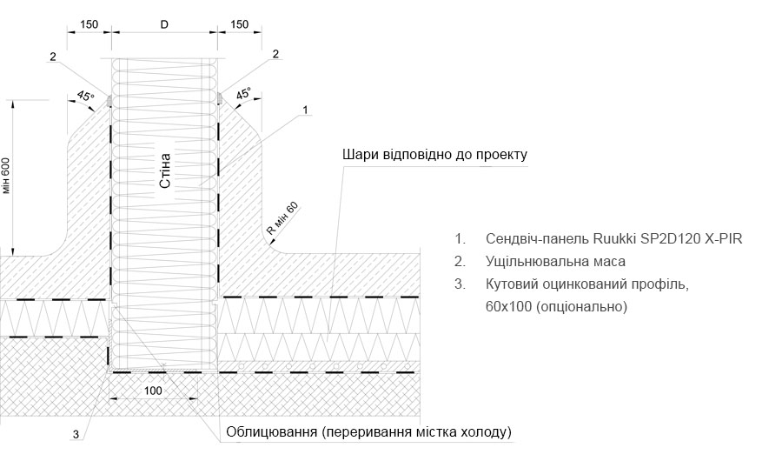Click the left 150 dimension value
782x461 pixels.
tap(89, 24)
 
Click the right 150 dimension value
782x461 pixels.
tap(240, 24)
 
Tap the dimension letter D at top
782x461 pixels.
tap(164, 24)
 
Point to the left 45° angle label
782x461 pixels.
tap(85, 96)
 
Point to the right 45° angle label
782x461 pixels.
tap(244, 93)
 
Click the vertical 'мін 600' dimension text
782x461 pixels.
tap(6, 176)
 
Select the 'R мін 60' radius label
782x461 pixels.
tap(282, 218)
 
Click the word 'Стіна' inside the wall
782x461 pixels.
tap(165, 170)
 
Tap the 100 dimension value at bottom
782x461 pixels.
tap(153, 391)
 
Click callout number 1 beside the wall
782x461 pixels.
tap(305, 110)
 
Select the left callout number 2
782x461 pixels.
tap(53, 57)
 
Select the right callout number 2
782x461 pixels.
tap(275, 54)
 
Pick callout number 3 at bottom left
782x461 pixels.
tap(76, 435)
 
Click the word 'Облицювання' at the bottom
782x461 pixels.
tap(271, 431)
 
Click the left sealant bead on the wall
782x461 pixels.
tap(109, 100)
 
